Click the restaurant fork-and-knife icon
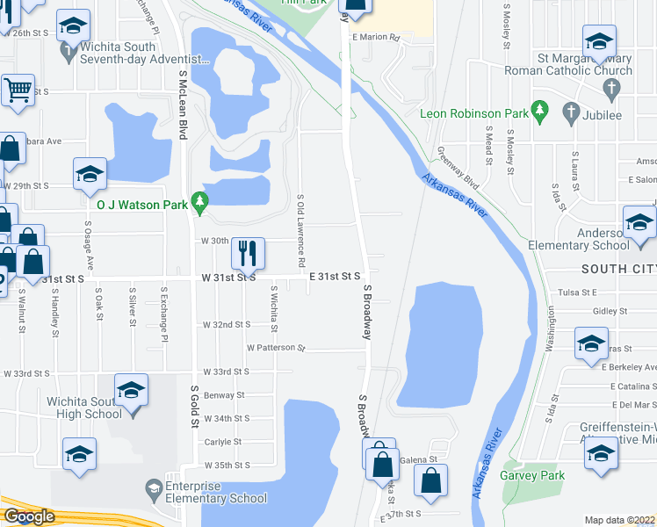248,253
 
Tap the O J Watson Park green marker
200,203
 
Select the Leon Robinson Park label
473,114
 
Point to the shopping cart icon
17,90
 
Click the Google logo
29,516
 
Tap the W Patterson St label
275,349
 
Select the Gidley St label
608,312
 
